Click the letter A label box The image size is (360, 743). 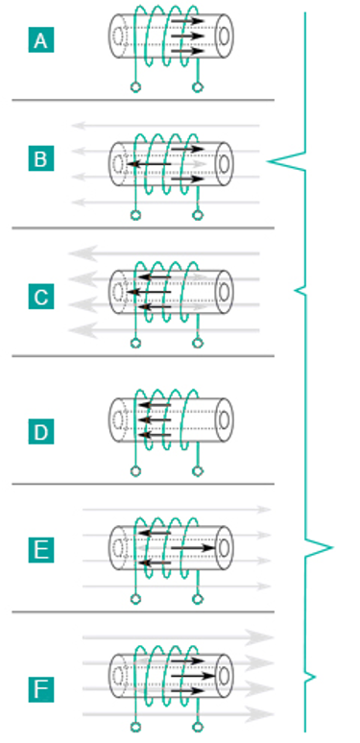[x=41, y=39]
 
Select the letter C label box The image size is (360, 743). [x=41, y=297]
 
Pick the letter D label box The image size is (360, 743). [x=41, y=432]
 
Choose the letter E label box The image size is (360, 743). [x=41, y=550]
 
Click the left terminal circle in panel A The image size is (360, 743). [x=136, y=87]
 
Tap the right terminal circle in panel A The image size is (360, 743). [x=198, y=87]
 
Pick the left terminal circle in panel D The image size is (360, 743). [x=136, y=471]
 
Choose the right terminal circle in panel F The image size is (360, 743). [x=198, y=727]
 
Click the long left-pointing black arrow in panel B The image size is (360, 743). [x=149, y=164]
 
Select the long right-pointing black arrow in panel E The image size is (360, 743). [x=193, y=548]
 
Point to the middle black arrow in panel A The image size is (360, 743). [x=187, y=36]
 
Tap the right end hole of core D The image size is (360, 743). [x=224, y=419]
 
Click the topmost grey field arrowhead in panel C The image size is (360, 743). [x=84, y=253]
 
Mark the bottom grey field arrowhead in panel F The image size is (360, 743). [x=259, y=714]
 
